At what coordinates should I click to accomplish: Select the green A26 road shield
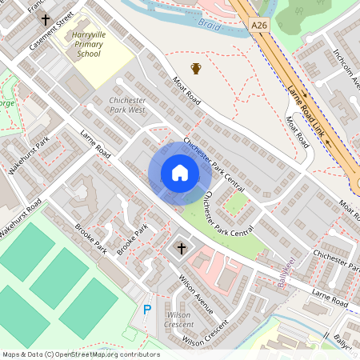[x=258, y=26]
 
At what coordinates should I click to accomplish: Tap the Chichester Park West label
[x=126, y=105]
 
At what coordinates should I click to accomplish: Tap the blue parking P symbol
[x=146, y=310]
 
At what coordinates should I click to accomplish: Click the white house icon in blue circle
[x=180, y=173]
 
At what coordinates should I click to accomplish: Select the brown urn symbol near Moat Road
[x=196, y=69]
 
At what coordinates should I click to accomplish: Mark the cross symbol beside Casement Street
[x=45, y=18]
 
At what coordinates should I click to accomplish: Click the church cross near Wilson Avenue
[x=182, y=250]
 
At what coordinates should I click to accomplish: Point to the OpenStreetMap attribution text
[x=80, y=354]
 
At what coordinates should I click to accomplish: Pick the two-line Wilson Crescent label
[x=178, y=320]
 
